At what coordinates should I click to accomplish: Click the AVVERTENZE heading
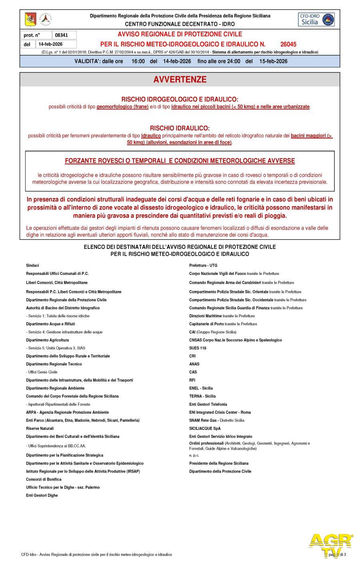[x=180, y=80]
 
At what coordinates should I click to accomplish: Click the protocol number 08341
[x=61, y=35]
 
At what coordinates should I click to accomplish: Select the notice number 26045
[x=288, y=44]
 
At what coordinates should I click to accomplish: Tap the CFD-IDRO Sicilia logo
[x=316, y=19]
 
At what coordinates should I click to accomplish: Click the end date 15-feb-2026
[x=273, y=61]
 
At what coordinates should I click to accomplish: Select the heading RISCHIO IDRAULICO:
[x=180, y=128]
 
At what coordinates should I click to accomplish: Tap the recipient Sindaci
[x=32, y=265]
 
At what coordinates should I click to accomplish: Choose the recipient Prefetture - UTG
[x=203, y=265]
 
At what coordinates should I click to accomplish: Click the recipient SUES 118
[x=198, y=348]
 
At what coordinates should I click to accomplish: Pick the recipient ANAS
[x=194, y=364]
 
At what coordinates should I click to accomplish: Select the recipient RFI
[x=192, y=380]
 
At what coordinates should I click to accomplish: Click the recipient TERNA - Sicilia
[x=202, y=396]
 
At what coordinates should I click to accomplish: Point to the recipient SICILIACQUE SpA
[x=205, y=428]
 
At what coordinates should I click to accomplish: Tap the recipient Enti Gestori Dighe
[x=42, y=495]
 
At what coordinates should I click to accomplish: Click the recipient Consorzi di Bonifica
[x=44, y=479]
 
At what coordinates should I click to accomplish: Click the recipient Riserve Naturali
[x=40, y=428]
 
